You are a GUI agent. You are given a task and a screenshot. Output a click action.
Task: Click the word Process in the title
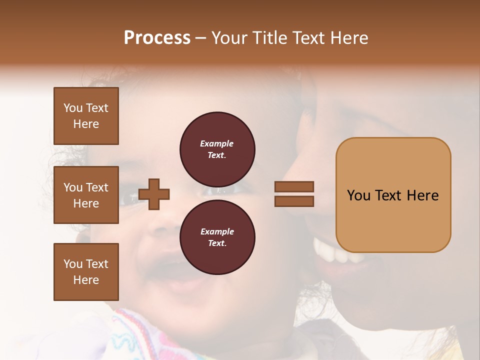(157, 38)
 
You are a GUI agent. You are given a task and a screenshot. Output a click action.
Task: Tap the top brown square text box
(86, 116)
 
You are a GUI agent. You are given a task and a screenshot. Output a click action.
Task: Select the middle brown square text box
(86, 195)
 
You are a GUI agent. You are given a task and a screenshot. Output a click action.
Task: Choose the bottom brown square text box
(86, 271)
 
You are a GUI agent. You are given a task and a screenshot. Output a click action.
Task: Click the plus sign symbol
(154, 194)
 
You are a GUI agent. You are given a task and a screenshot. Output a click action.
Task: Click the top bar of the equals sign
(294, 187)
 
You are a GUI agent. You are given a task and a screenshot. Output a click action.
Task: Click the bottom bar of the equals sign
(294, 201)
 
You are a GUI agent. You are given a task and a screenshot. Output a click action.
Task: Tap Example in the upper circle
(216, 143)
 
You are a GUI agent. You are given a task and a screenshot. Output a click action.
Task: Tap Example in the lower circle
(217, 231)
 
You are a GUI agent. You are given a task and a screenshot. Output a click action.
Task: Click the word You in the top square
(73, 108)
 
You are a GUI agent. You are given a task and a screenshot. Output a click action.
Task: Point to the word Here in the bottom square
(86, 280)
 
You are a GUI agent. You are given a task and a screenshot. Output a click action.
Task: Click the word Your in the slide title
(229, 38)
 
